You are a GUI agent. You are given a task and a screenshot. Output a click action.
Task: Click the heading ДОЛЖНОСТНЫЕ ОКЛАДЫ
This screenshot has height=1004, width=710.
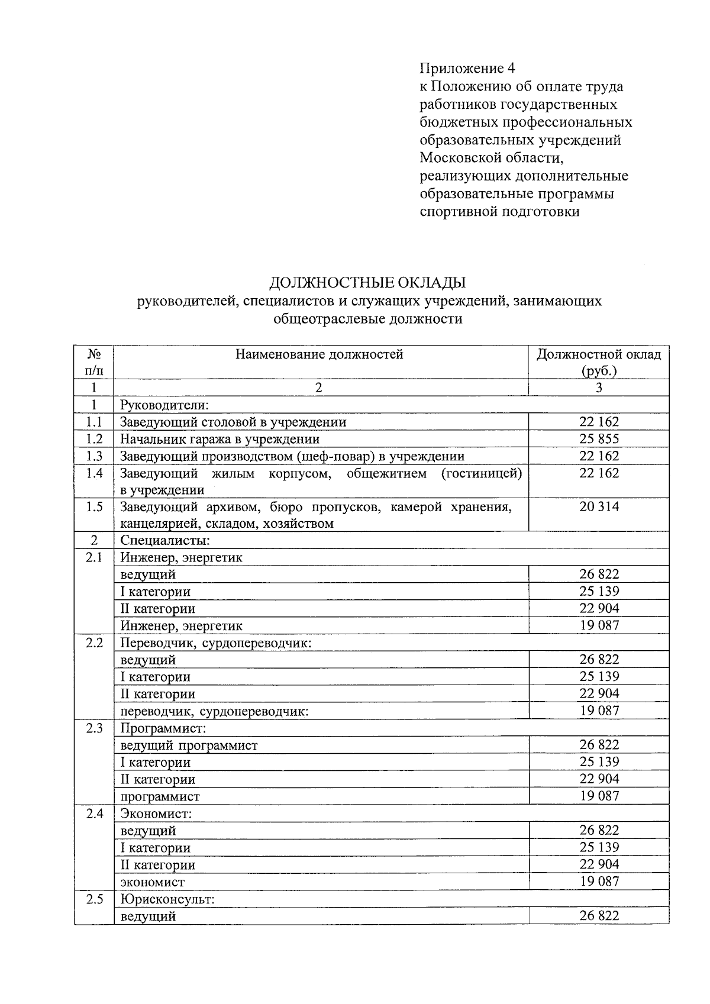coord(367,282)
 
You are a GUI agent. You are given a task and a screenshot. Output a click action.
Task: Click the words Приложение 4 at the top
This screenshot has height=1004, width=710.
coord(467,68)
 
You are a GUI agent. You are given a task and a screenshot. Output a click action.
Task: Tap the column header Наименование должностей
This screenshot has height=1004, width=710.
coord(319,354)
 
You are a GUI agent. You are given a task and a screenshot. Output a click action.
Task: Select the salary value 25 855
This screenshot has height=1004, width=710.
coord(599,439)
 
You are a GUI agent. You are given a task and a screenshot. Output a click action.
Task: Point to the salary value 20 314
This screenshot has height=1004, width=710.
coord(599,506)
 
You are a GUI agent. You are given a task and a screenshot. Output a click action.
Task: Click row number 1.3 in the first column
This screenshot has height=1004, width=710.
coord(94,456)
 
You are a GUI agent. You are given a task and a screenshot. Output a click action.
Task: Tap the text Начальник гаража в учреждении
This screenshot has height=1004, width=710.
coord(220,439)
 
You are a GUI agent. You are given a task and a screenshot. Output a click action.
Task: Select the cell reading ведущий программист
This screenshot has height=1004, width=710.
coord(189,745)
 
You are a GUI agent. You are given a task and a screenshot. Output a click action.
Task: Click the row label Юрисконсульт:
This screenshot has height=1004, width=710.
coord(167,899)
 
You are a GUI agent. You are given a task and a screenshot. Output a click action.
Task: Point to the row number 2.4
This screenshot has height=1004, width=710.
coord(94,813)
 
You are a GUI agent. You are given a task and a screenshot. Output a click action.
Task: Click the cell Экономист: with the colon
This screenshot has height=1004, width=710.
coord(156,814)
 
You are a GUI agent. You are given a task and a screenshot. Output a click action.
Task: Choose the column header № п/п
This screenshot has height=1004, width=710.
coord(94,362)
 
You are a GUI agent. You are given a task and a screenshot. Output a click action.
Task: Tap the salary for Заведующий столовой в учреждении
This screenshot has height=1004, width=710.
coord(599,422)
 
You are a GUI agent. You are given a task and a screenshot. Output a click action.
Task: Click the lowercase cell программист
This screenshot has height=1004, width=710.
coord(160,796)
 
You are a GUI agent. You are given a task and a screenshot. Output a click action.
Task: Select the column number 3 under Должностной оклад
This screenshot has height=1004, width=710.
coord(599,388)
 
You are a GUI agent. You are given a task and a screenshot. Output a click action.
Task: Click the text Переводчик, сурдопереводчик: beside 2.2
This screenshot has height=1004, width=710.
coord(216,643)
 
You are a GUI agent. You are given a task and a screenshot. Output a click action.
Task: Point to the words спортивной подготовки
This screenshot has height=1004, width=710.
coord(499,212)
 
